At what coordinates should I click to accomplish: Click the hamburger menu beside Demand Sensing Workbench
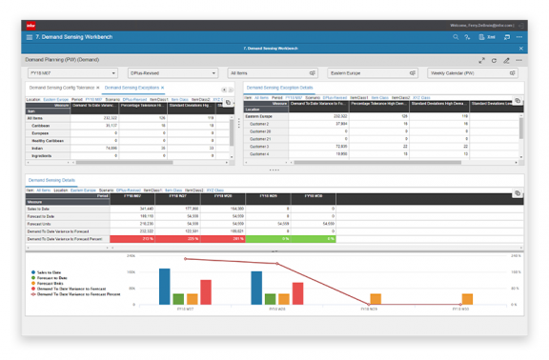click(29, 37)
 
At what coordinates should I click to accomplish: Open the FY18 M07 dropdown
click(72, 72)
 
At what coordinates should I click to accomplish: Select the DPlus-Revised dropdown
click(173, 72)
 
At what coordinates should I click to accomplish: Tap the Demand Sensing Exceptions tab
click(128, 88)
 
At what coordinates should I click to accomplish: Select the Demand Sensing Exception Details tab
click(280, 88)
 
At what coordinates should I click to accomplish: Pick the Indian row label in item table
click(38, 148)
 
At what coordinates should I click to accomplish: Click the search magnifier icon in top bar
click(456, 37)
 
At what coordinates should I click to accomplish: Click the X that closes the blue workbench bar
click(521, 48)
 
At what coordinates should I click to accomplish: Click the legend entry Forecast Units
click(55, 284)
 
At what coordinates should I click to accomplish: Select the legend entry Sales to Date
click(54, 272)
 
